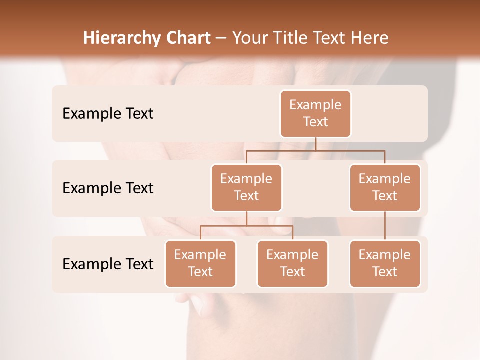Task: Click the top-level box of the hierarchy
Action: click(315, 113)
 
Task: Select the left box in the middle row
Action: click(246, 187)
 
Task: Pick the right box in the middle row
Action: click(385, 187)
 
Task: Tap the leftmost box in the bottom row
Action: click(200, 263)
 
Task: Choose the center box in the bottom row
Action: click(292, 263)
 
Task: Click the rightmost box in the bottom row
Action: click(385, 263)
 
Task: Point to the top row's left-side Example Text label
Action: click(108, 114)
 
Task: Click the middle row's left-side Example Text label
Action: click(108, 188)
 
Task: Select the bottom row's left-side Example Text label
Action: click(108, 264)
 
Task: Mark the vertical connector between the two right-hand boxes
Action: click(385, 226)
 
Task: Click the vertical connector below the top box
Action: click(315, 144)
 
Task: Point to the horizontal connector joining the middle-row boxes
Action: click(315, 150)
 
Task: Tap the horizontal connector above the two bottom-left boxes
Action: click(246, 226)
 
